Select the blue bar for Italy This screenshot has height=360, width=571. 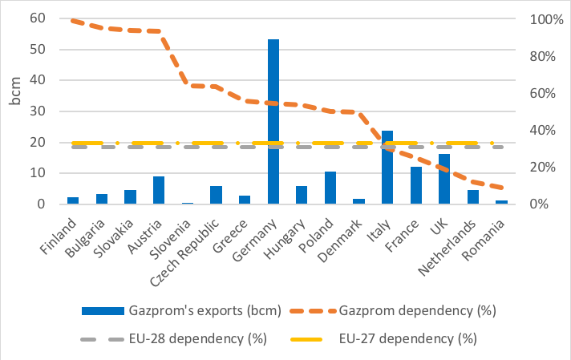(387, 168)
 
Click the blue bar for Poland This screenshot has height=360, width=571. (330, 188)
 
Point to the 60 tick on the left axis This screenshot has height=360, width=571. (37, 18)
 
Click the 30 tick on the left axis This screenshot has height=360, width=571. (37, 111)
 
